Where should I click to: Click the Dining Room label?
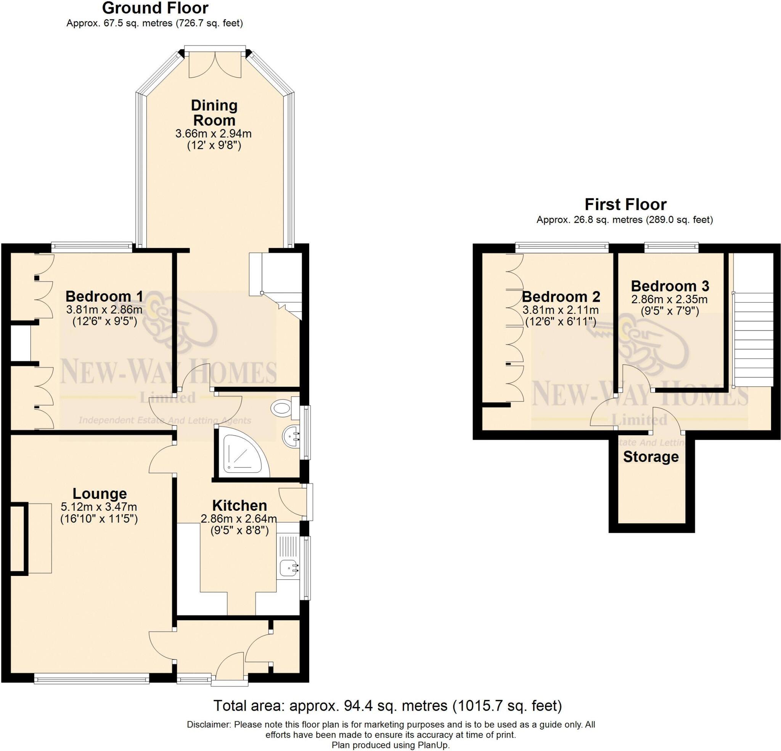[214, 113]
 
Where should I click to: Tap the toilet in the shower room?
[283, 408]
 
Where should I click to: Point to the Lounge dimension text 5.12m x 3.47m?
[99, 507]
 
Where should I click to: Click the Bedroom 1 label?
[104, 296]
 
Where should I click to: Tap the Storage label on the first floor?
[651, 457]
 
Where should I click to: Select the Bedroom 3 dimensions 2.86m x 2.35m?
[669, 299]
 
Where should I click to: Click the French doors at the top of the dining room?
[215, 64]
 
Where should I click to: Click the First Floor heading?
[625, 204]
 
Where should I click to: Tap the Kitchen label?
[239, 505]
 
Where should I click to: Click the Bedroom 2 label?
[561, 297]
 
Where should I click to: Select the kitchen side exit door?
[295, 502]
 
